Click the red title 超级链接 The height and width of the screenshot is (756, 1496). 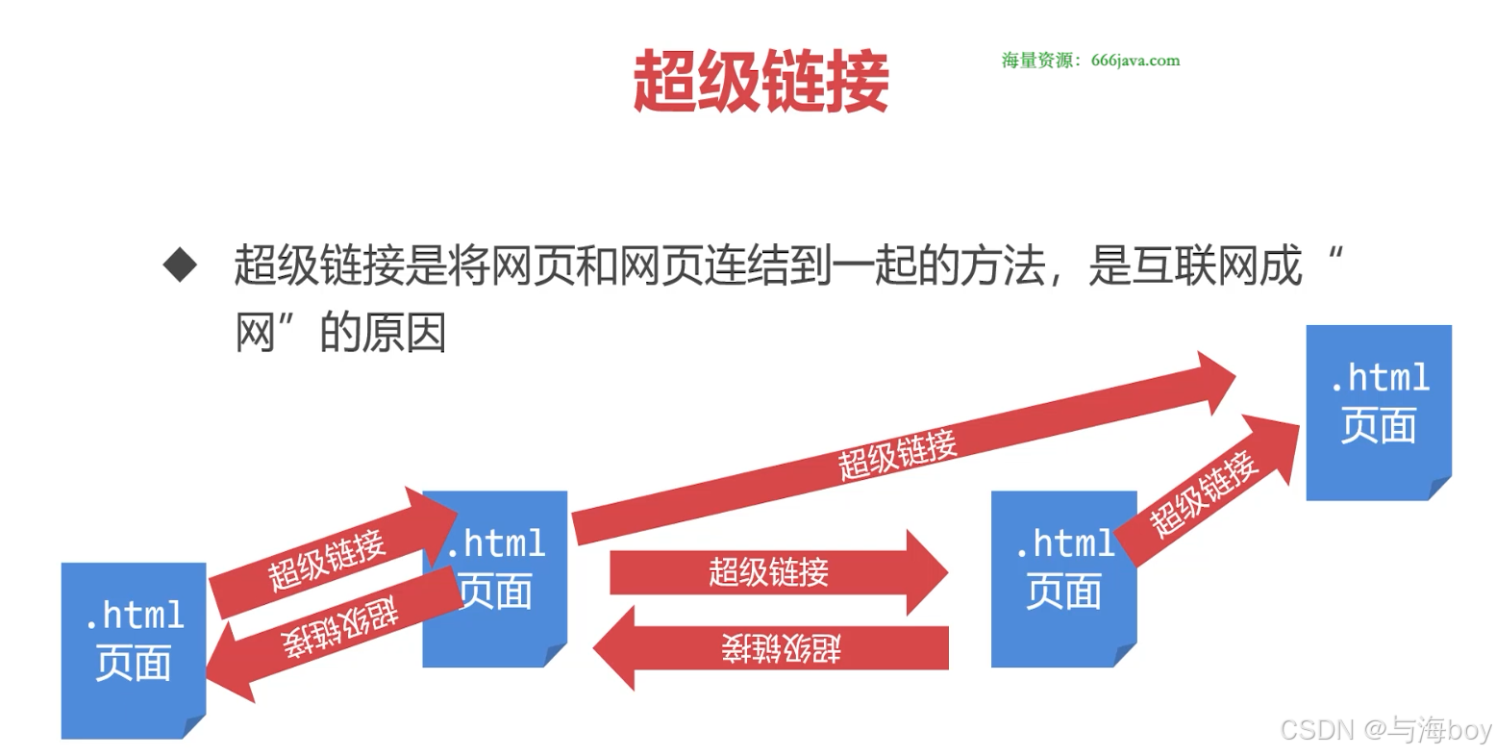(x=760, y=81)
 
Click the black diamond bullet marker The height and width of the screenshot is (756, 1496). (x=180, y=265)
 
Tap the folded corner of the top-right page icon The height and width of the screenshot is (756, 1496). (x=1439, y=488)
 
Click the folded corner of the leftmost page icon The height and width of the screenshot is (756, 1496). (x=194, y=726)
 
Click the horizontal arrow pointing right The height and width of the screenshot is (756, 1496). (x=769, y=572)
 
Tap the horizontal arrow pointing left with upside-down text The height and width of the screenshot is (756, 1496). (x=779, y=648)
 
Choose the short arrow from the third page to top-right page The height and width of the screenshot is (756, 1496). (x=1207, y=492)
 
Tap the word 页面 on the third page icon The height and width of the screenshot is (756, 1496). (x=1063, y=591)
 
